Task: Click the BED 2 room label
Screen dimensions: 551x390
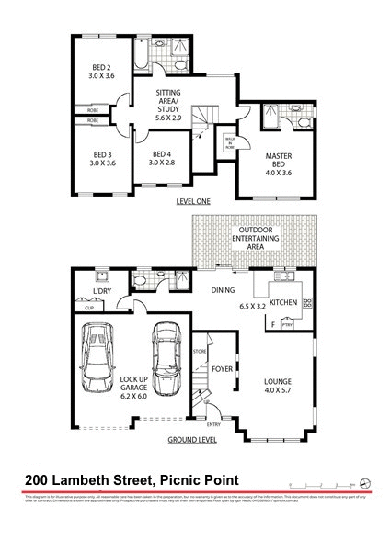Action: click(x=101, y=67)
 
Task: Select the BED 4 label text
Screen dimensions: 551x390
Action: click(x=160, y=154)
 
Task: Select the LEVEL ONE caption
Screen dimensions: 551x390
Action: click(x=193, y=200)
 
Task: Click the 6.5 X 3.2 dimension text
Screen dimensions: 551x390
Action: click(x=252, y=305)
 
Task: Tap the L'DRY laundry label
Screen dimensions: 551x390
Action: click(x=103, y=292)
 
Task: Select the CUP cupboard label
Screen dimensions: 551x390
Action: click(x=88, y=309)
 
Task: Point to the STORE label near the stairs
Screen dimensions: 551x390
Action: click(x=200, y=352)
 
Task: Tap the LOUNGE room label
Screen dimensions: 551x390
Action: click(x=278, y=378)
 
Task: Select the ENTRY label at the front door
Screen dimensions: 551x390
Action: click(x=214, y=424)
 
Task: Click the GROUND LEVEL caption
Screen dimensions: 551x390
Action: click(x=192, y=441)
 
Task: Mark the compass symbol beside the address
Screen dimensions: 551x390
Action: click(x=365, y=481)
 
